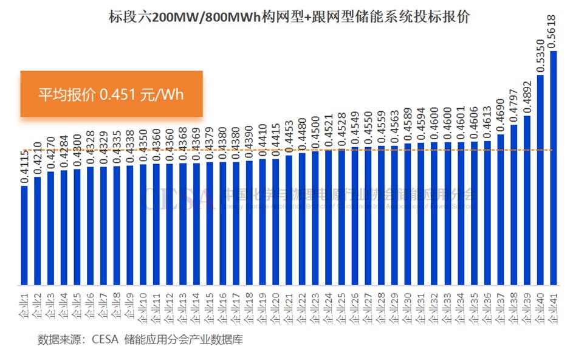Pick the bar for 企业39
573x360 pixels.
[527, 200]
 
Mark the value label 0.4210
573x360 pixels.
[38, 161]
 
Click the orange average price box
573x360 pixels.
[111, 94]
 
